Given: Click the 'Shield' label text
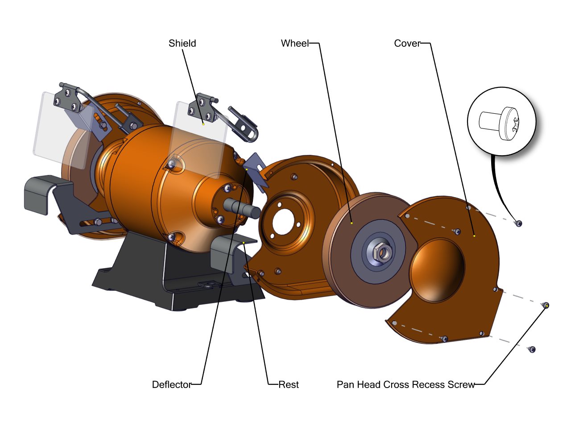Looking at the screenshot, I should [x=182, y=43].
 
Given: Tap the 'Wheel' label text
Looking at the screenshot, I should [x=294, y=43].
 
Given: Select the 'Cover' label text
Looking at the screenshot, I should [x=407, y=43].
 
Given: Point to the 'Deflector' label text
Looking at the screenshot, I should [x=171, y=384].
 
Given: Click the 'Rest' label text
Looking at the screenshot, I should [x=289, y=384].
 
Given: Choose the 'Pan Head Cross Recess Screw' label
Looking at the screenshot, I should [x=405, y=384].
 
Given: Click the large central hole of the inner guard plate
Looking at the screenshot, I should [x=283, y=221].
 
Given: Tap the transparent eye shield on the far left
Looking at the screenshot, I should [x=58, y=129].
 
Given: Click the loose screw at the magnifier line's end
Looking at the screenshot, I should [x=518, y=223].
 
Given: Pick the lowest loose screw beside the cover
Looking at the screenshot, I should [x=531, y=349].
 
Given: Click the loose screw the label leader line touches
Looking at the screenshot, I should [x=545, y=306].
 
